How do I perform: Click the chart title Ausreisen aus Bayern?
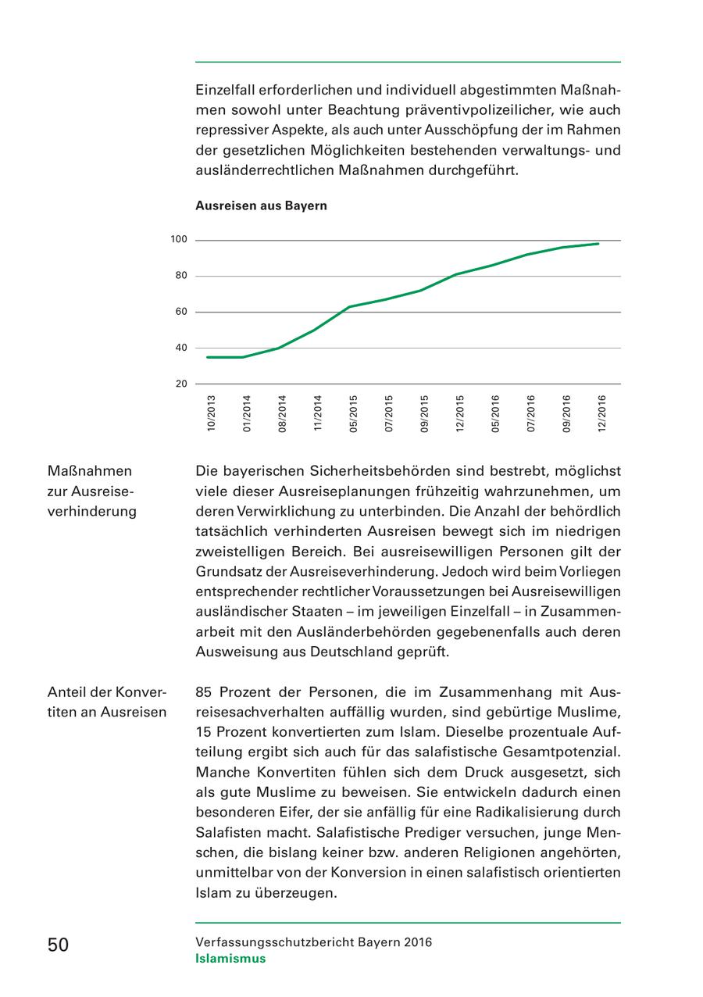click(x=261, y=206)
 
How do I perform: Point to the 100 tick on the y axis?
click(x=180, y=240)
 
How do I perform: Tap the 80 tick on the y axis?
click(x=181, y=276)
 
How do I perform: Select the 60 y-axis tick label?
click(x=181, y=312)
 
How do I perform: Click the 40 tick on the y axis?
click(x=181, y=348)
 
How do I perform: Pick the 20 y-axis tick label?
click(x=181, y=384)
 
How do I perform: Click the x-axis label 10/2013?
click(x=211, y=413)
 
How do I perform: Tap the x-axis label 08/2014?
click(x=282, y=413)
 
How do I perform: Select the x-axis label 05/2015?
click(x=353, y=413)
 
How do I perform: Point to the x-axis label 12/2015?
click(x=460, y=413)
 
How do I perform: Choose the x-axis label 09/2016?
click(x=566, y=413)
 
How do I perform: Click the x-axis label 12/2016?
click(x=602, y=413)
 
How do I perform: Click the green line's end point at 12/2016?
click(x=599, y=244)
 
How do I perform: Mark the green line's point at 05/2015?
click(x=349, y=307)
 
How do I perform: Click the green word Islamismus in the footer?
click(x=230, y=959)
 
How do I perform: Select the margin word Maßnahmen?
click(x=90, y=471)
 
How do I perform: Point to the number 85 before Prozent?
click(x=204, y=692)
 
